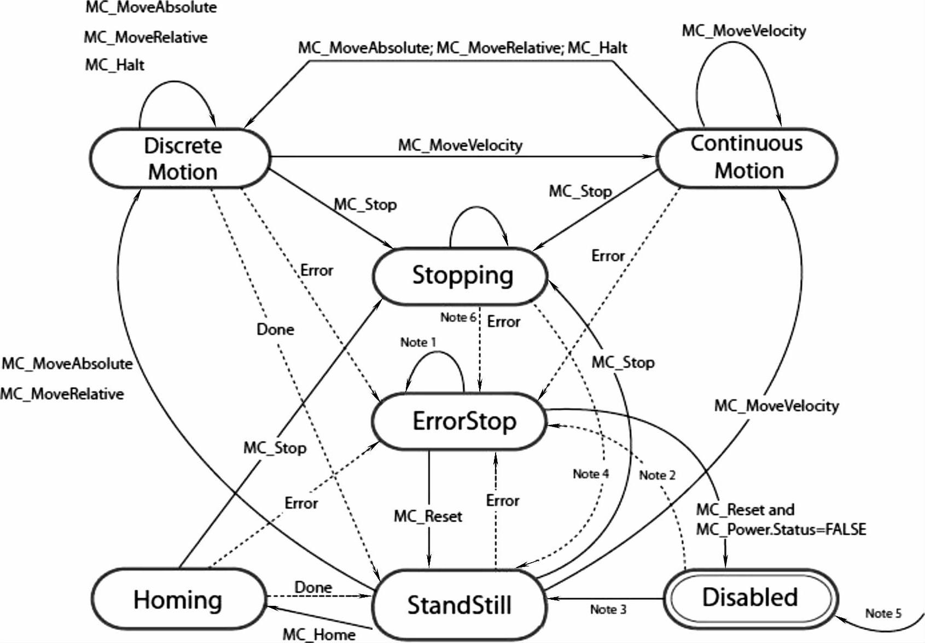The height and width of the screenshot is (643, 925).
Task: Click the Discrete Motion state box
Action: [x=181, y=159]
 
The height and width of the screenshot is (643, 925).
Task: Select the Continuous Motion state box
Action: [x=747, y=157]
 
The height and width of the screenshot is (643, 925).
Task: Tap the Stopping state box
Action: [x=460, y=276]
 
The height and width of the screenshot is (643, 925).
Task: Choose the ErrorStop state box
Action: [x=460, y=421]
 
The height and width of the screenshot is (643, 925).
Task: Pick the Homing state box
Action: [x=178, y=599]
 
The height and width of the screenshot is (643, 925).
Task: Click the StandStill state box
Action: [x=459, y=605]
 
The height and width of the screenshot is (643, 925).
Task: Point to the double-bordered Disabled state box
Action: [x=750, y=598]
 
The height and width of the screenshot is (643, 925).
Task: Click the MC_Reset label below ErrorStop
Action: [x=428, y=516]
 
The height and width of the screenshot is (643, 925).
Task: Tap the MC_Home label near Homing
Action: [x=319, y=635]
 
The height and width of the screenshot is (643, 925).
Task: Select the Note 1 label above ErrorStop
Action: [x=418, y=342]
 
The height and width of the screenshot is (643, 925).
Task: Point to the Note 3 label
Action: [x=608, y=610]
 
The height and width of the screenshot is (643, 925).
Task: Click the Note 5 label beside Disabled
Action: [x=883, y=613]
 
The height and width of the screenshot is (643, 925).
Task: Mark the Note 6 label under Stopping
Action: [x=458, y=318]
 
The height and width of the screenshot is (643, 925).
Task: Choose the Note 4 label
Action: [x=591, y=474]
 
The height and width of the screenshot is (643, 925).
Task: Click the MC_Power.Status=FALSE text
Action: [x=781, y=530]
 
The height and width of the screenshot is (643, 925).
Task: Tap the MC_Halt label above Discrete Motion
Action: [x=115, y=65]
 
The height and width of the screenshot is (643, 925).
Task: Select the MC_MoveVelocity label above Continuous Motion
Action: [x=743, y=31]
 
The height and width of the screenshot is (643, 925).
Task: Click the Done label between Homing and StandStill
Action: [x=313, y=587]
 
